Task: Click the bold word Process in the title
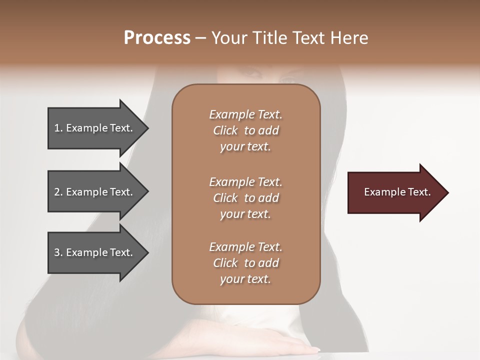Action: coord(157,38)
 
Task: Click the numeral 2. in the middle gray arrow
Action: coord(58,192)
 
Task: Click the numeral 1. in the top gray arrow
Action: coord(58,128)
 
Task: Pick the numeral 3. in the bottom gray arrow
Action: coord(58,252)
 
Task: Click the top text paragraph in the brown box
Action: coord(245,130)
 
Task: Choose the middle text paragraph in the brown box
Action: coord(245,198)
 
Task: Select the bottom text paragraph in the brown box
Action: coord(245,263)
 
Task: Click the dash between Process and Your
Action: coord(201,38)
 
